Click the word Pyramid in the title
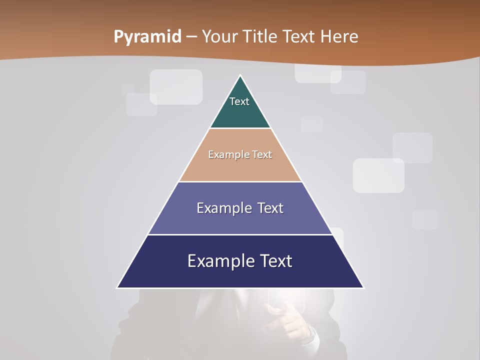[x=147, y=37]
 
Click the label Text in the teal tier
[x=239, y=101]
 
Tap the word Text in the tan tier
[x=262, y=154]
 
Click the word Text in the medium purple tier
[x=270, y=208]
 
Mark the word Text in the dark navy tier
[x=276, y=261]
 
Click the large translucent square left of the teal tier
[x=176, y=86]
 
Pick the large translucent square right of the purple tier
[x=378, y=175]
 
